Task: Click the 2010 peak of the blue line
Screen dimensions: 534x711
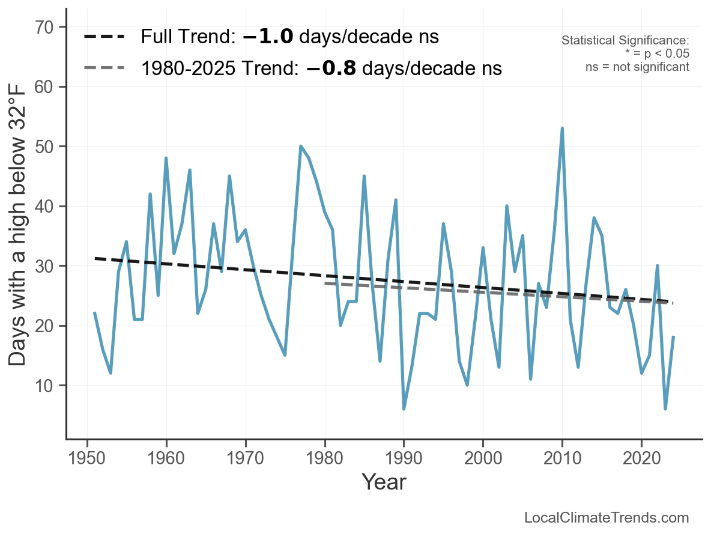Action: pos(562,129)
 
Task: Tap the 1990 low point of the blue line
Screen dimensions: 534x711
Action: pos(404,408)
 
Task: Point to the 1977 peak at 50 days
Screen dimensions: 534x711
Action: pos(301,147)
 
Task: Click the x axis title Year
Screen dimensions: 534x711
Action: pos(384,482)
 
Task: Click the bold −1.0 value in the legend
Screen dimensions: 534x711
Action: pos(268,37)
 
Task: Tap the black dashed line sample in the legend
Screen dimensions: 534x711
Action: pos(104,37)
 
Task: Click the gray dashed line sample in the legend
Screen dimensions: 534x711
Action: pos(104,68)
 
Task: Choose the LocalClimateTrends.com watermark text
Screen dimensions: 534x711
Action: pos(607,518)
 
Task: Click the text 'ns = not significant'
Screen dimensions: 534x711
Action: pos(637,67)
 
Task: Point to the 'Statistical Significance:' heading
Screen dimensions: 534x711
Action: pos(625,41)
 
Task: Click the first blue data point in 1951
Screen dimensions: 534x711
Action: pos(95,313)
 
